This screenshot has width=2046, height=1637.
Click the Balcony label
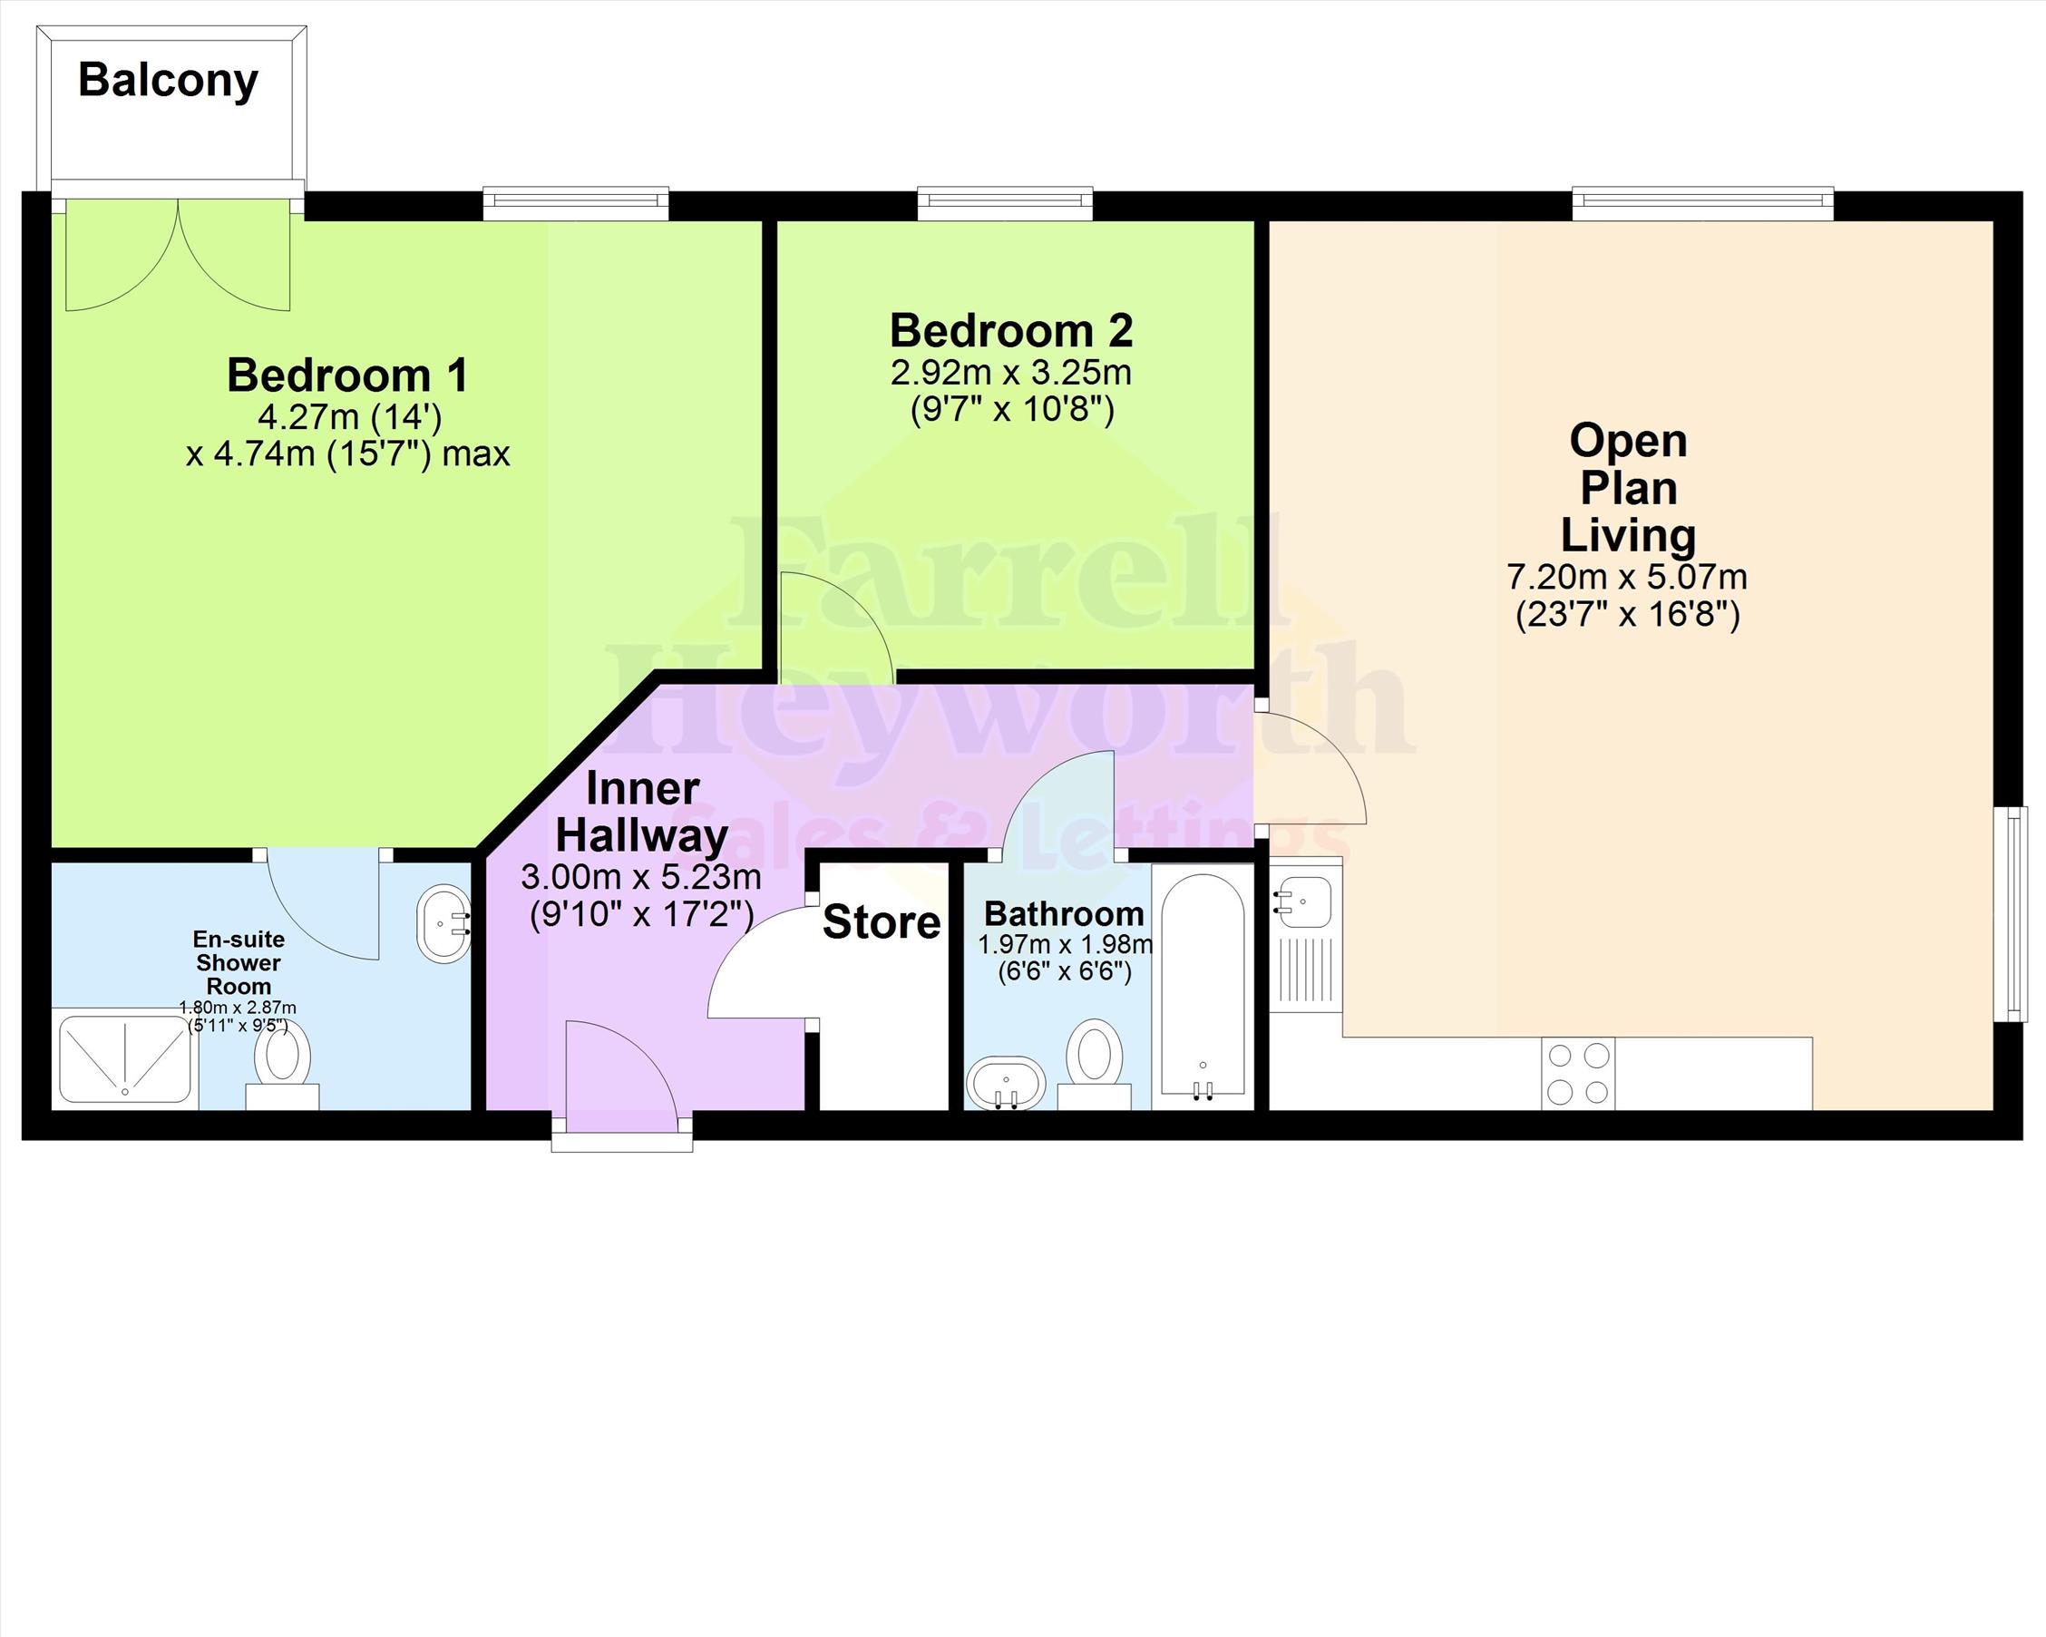tap(168, 82)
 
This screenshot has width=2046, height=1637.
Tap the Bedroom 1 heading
tap(347, 375)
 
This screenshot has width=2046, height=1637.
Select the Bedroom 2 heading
tap(1010, 331)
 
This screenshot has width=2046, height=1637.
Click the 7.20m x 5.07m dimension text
tap(1626, 577)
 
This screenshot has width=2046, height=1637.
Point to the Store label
tap(882, 922)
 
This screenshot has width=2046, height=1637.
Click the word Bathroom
tap(1064, 914)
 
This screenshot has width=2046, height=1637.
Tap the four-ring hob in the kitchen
tap(1577, 1073)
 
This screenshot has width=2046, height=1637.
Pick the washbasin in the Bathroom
tap(1006, 1083)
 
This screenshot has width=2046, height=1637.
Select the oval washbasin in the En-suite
tap(444, 924)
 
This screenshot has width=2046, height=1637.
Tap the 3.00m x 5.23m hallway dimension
tap(640, 877)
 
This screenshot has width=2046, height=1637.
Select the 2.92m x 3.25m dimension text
tap(1010, 373)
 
